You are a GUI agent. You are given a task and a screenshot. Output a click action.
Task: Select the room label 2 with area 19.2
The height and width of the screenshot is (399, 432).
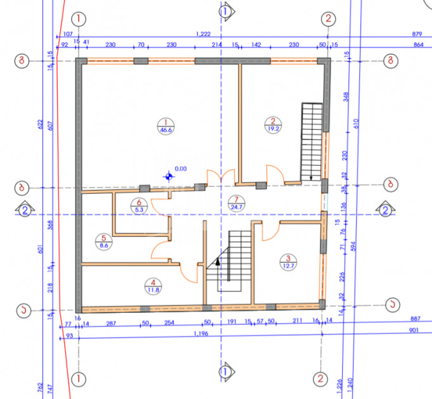point(272,125)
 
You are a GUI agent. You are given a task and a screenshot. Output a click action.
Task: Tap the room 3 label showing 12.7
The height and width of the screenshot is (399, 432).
point(288,262)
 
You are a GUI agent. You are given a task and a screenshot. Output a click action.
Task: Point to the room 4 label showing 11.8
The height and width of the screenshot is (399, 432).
point(152,286)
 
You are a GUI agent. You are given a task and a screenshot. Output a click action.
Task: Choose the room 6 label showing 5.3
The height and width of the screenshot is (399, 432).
point(139,206)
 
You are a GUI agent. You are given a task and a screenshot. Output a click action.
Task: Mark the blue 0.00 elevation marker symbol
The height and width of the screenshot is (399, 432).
point(168,176)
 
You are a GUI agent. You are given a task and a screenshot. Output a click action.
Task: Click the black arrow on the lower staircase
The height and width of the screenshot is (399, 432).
point(217,260)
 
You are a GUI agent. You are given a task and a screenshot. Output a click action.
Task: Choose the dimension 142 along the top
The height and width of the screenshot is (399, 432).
point(256,45)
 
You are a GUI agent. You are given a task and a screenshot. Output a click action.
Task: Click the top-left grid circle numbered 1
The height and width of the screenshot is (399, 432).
point(79,18)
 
